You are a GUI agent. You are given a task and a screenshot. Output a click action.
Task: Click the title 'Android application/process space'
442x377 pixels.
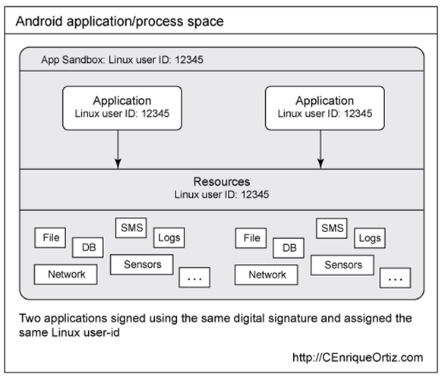[120, 20]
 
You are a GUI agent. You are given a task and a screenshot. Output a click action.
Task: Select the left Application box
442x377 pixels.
[122, 107]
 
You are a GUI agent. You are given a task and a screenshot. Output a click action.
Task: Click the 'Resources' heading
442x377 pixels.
[221, 183]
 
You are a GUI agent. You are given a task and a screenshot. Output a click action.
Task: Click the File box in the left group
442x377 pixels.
[51, 238]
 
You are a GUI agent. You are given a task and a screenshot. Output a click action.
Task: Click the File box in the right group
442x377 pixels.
[251, 238]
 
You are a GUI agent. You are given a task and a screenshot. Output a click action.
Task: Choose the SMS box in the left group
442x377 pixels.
[130, 228]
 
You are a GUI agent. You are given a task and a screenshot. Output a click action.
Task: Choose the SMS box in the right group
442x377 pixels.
[330, 228]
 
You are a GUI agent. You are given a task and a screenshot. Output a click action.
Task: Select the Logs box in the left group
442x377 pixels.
[169, 237]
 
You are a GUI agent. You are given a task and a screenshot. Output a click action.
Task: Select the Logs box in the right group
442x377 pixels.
[369, 237]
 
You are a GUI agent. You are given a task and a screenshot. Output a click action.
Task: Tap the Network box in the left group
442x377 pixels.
[66, 275]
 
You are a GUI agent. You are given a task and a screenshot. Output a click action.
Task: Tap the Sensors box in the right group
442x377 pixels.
[343, 265]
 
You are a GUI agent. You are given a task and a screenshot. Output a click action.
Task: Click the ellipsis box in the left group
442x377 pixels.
[194, 278]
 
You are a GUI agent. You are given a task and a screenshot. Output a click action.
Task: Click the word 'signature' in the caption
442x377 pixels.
[283, 319]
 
